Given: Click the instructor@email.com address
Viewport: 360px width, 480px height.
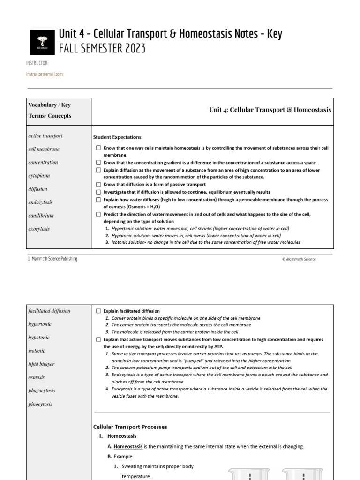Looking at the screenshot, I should (45, 74).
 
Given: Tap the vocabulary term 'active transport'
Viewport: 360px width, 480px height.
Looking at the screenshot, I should (45, 136).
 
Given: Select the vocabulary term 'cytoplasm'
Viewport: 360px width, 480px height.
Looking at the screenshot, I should (39, 176).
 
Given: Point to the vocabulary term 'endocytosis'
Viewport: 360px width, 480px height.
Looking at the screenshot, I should (41, 202).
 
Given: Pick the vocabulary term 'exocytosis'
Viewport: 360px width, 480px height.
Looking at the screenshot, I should (39, 229).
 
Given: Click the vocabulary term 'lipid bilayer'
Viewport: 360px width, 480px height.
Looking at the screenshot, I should (41, 364).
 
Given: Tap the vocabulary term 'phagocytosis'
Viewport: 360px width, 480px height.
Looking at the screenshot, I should (42, 390).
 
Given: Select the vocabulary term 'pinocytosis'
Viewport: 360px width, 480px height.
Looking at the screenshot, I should (40, 404).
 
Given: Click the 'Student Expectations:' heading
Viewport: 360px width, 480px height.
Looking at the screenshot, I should (118, 137).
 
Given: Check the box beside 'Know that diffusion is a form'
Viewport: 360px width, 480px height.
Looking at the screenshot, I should (98, 185).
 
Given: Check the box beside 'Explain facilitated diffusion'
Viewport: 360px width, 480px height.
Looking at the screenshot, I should (98, 311).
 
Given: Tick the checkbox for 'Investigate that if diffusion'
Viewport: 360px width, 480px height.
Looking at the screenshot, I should (98, 192).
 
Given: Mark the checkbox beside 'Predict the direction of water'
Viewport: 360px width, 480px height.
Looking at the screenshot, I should (98, 214).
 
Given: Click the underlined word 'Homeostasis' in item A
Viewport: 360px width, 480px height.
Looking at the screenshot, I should (128, 447).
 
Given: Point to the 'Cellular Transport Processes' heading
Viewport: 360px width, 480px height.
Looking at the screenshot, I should (130, 427).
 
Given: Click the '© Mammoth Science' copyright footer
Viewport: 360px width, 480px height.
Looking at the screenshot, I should (299, 259).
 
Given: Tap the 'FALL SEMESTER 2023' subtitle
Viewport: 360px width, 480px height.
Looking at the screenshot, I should (102, 48).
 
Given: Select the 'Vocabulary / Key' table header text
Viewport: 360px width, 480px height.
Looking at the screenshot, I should (50, 105).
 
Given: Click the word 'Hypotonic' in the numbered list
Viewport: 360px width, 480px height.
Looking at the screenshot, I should (123, 235).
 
